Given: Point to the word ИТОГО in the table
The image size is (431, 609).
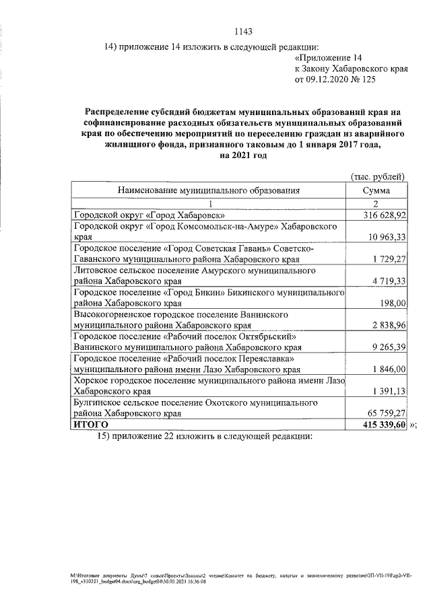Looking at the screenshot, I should click(90, 425).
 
